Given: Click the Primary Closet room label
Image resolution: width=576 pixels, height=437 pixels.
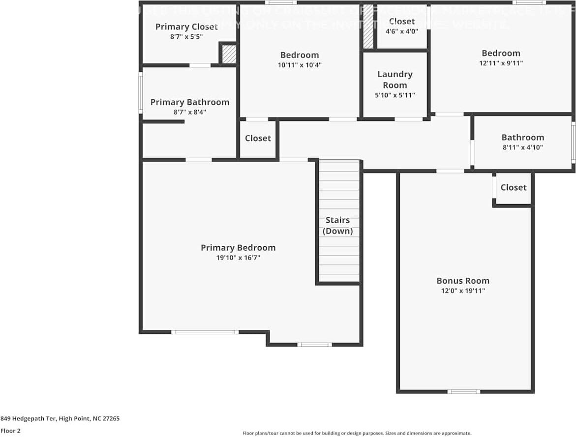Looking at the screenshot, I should [x=186, y=27].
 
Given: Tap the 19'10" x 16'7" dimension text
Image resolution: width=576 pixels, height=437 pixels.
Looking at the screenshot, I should [x=238, y=258].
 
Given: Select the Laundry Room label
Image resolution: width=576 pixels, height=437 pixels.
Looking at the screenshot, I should [x=394, y=80].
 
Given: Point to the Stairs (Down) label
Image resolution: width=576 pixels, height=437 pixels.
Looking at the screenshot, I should [x=337, y=226].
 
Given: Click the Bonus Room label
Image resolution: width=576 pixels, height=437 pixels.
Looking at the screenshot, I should [x=463, y=281].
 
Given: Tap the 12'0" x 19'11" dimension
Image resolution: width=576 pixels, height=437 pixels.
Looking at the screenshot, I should [x=463, y=291].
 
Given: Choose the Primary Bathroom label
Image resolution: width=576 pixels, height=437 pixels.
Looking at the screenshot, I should [x=189, y=102].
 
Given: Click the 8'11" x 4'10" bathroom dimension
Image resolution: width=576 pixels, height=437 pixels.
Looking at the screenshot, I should [x=522, y=147].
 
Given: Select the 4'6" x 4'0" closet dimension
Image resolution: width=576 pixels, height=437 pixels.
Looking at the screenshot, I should [x=402, y=30].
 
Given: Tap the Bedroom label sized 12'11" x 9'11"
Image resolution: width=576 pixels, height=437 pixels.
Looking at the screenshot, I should [x=501, y=53].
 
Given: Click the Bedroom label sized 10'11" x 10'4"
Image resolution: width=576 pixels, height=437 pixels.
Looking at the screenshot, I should [x=300, y=55].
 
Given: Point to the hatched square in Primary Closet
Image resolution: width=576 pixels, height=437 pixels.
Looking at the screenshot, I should [x=229, y=55].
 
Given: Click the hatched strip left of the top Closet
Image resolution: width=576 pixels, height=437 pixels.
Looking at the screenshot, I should [x=368, y=27].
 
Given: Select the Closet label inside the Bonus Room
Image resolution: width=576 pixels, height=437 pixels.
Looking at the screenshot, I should [x=513, y=187].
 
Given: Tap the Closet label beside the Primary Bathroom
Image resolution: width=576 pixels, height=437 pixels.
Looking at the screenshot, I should [x=258, y=138].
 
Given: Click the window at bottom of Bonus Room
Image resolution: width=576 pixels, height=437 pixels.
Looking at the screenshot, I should [x=463, y=392].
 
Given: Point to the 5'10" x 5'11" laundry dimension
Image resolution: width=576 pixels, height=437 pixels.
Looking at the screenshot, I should [x=394, y=95].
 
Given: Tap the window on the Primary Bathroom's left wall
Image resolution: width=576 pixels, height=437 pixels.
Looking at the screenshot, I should [x=141, y=93].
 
